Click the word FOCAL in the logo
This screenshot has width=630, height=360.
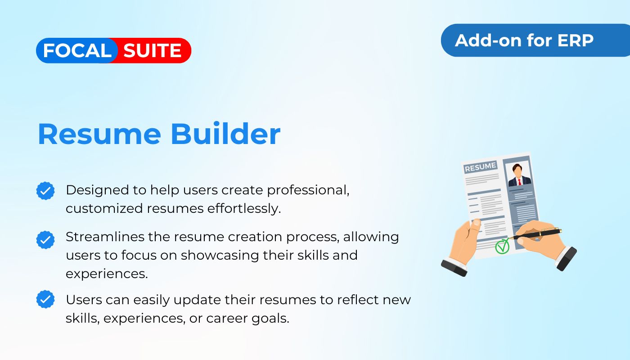77,50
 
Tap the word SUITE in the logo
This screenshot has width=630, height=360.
152,50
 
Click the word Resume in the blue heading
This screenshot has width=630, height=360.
99,134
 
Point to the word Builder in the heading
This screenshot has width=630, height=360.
225,133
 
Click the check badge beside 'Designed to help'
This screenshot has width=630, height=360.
45,191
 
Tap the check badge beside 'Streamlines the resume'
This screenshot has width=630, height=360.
45,240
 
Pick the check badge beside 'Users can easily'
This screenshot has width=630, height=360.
45,299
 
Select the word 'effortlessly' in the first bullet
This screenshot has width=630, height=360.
244,209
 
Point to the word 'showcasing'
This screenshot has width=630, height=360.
220,256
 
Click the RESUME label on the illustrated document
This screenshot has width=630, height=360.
481,167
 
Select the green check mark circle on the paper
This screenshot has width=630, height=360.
502,247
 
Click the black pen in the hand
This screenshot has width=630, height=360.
536,234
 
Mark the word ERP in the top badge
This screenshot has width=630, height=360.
575,40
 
